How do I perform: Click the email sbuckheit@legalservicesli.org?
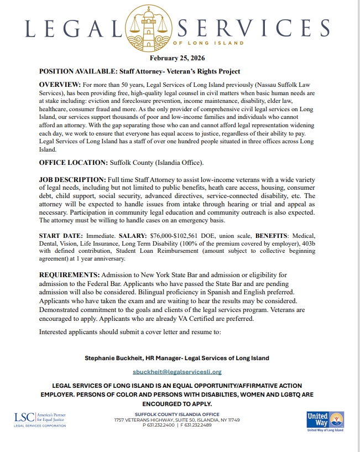pos(177,372)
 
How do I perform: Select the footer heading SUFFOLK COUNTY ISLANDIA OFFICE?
pos(177,414)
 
